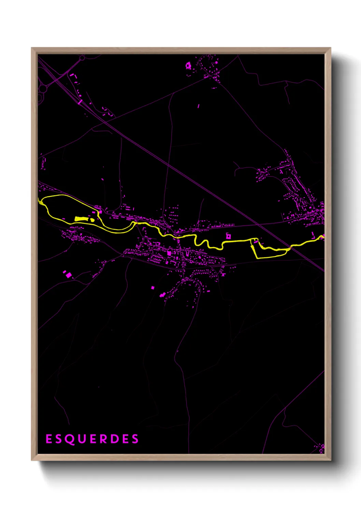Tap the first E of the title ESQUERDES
coord(49,439)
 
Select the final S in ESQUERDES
coord(135,439)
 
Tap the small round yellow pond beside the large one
coord(92,220)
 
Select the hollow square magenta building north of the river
coord(228,236)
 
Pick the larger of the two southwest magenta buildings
coord(69,275)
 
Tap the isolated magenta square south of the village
coord(153,288)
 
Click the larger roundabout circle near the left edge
coord(43,89)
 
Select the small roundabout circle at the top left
coord(82,58)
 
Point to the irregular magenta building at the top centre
coord(188,65)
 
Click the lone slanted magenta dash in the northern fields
coord(199,106)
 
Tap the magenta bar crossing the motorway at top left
coord(80,102)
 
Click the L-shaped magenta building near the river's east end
coord(313,235)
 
